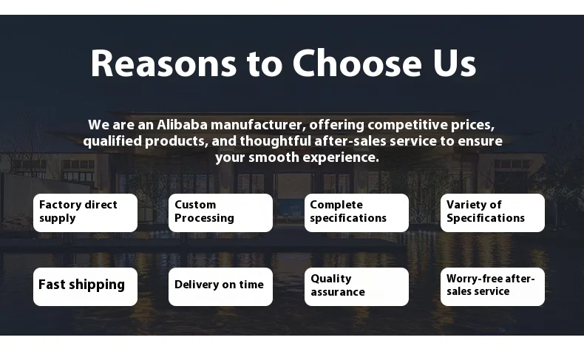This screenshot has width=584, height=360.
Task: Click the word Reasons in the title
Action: click(x=163, y=64)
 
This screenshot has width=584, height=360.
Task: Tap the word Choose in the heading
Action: click(x=357, y=64)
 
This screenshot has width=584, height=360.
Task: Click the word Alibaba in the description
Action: click(x=182, y=125)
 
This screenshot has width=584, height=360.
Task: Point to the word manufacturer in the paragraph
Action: click(x=258, y=125)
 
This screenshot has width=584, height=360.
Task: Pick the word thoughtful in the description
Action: click(x=275, y=141)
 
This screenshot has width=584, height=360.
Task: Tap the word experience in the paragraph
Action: click(x=340, y=157)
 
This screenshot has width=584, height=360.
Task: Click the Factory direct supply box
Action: click(x=85, y=213)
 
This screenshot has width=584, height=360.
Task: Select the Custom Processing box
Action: click(x=220, y=213)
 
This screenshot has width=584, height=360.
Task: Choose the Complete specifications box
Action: click(x=356, y=213)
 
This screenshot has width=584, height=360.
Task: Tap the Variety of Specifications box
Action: click(x=492, y=213)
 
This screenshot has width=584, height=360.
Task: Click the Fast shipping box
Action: click(x=85, y=287)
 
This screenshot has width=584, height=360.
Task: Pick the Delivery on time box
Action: click(x=220, y=287)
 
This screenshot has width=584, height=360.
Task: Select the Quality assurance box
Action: click(x=356, y=287)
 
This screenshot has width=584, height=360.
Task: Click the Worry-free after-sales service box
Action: click(x=492, y=287)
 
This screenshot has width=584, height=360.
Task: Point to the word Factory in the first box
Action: click(x=61, y=205)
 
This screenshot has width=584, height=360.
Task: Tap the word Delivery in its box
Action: click(x=197, y=285)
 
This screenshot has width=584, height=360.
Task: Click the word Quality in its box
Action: click(x=331, y=279)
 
